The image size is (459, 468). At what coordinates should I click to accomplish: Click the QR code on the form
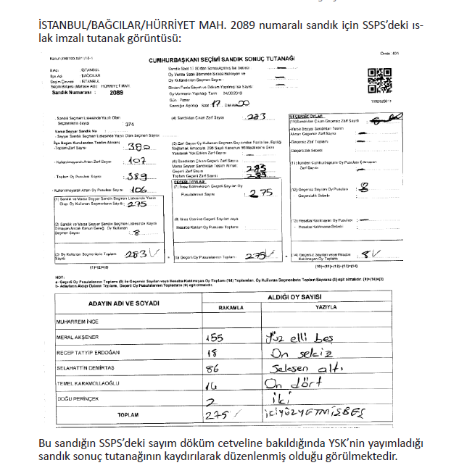pos(379,78)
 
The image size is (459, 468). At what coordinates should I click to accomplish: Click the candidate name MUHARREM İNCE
pos(79,319)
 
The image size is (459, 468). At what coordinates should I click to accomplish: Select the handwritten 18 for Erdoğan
pos(213,354)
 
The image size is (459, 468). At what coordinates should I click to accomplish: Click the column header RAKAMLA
pos(233,307)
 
